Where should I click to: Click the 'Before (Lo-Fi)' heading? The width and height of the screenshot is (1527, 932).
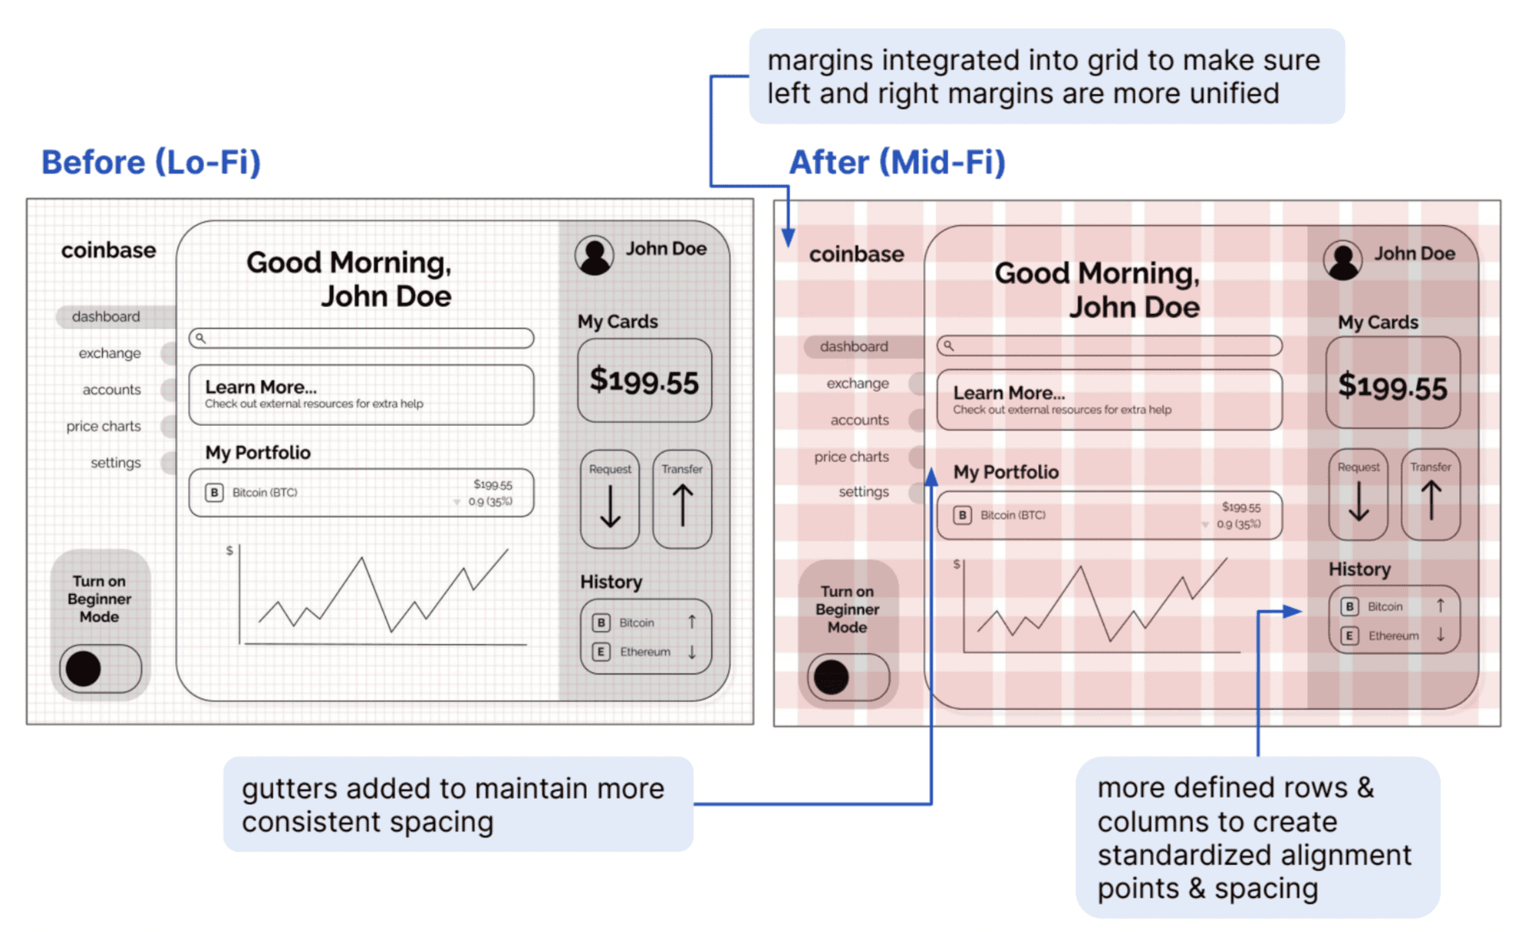tap(151, 162)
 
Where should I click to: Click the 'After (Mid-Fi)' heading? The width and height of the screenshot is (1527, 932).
tap(897, 162)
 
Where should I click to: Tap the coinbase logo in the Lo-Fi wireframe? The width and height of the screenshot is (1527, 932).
tap(109, 250)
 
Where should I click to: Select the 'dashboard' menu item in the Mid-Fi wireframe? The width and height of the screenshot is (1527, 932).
tap(854, 346)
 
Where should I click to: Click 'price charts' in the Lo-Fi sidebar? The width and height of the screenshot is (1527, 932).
tap(103, 426)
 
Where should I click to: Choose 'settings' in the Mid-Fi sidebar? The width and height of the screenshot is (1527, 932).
tap(864, 491)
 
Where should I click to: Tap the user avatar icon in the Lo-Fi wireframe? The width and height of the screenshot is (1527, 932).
tap(594, 255)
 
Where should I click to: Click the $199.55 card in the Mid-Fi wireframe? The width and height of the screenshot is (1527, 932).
tap(1392, 385)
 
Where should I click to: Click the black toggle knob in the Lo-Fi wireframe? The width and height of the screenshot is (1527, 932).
tap(83, 668)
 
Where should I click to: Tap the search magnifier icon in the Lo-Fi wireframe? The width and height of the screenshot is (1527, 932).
tap(201, 338)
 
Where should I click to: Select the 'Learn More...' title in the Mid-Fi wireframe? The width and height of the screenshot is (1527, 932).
tap(1009, 393)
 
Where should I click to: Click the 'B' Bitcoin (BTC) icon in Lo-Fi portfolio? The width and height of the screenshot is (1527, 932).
tap(214, 492)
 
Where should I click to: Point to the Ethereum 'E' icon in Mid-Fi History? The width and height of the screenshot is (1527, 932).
tap(1349, 636)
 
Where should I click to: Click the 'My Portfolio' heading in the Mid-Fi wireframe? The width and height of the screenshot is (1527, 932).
tap(1006, 471)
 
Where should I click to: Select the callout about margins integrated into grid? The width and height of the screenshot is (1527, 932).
tap(1046, 76)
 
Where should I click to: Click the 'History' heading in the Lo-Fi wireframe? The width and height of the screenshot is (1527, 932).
tap(611, 582)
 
